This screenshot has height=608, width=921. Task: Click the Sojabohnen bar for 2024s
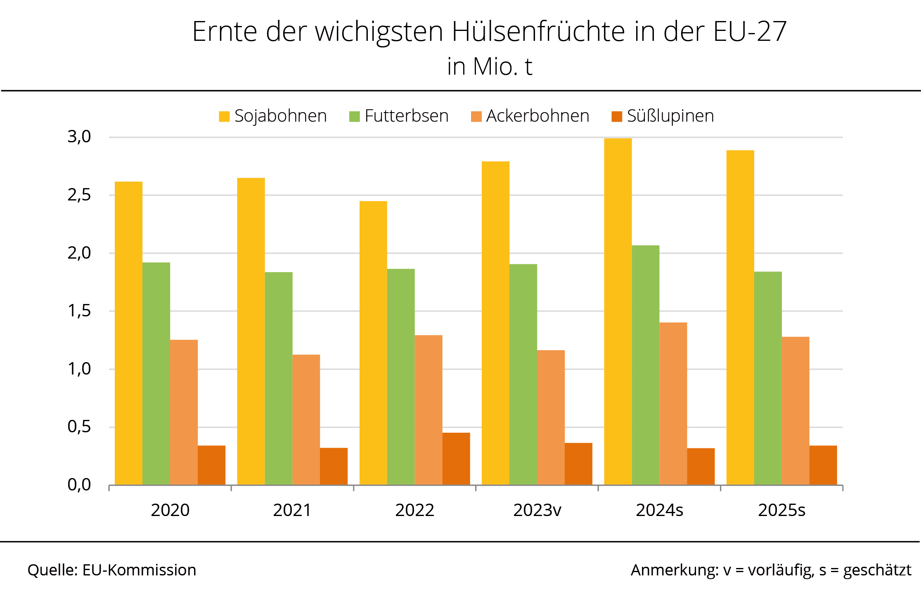coord(618,311)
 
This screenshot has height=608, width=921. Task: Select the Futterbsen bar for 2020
coord(156,373)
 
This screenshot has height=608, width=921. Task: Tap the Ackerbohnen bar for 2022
coord(428,410)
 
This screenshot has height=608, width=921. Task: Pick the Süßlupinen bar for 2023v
coord(578,464)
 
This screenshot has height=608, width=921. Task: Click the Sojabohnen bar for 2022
coord(373,343)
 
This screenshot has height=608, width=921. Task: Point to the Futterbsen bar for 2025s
coord(768,378)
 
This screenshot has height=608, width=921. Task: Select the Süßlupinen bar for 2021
coord(334,466)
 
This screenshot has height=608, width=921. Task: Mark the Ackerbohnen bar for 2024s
coord(673,403)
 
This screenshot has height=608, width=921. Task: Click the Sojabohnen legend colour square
coord(224,116)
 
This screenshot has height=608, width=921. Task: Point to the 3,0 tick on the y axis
coord(79,137)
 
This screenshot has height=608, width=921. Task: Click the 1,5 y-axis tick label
coord(79,311)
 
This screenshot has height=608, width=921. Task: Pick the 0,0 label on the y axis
coord(79,485)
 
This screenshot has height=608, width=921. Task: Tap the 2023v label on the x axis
coord(537,510)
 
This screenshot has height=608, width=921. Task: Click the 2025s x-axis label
coord(781,510)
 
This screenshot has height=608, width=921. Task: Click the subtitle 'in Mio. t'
coord(490,66)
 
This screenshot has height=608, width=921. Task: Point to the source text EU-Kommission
coord(139,570)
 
